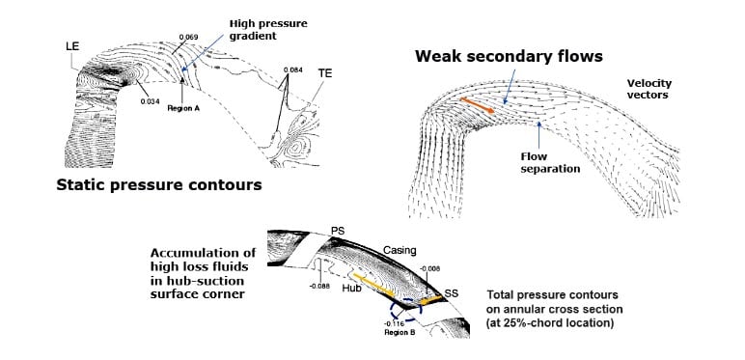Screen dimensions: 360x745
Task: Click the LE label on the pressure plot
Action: click(x=71, y=45)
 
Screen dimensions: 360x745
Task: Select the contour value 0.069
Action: click(x=188, y=37)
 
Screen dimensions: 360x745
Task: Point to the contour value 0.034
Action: click(x=150, y=100)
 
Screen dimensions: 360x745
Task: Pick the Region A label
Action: click(x=182, y=109)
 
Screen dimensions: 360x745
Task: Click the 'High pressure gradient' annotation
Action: click(x=252, y=28)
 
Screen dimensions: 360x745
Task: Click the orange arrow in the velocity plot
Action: click(x=477, y=105)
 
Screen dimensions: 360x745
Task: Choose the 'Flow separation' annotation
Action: click(x=552, y=159)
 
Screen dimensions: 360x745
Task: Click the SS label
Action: click(x=453, y=291)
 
